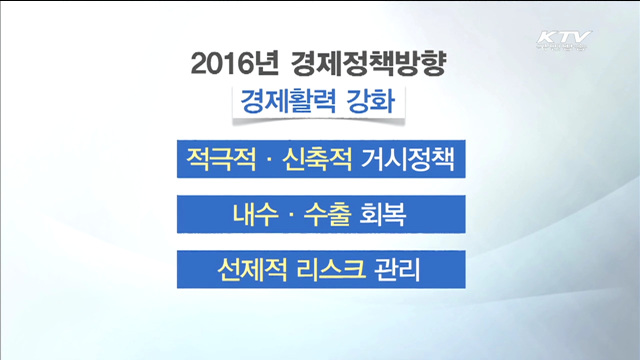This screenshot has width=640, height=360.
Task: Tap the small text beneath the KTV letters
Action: [564, 50]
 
